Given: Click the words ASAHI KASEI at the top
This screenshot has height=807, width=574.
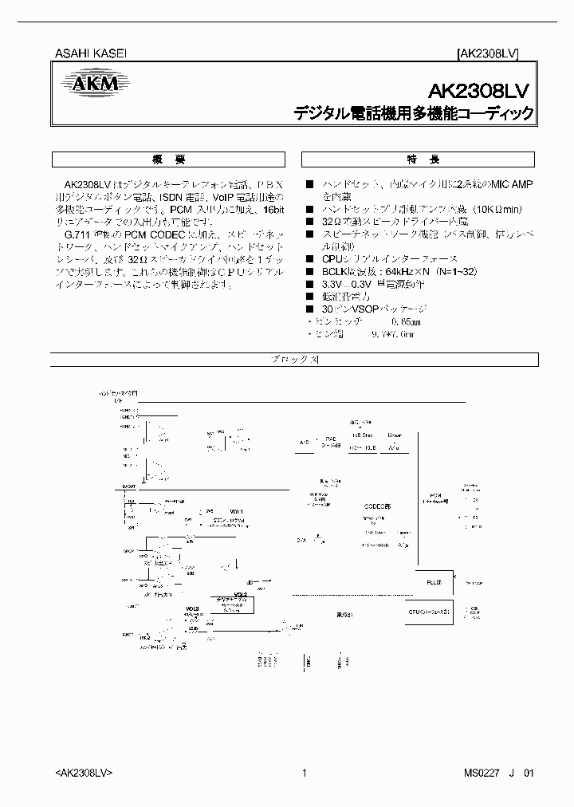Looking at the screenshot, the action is (90, 53).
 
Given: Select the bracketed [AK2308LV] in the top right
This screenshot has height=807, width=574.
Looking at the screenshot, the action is (488, 54).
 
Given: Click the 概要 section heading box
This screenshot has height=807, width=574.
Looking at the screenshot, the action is (167, 158).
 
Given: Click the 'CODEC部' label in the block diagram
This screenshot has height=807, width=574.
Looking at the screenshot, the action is (378, 506).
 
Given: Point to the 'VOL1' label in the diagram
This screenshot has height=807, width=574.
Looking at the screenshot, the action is (236, 511).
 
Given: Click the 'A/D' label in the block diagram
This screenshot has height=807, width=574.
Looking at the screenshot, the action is (303, 440).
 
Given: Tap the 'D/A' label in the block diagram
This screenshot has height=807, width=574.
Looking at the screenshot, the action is (301, 541).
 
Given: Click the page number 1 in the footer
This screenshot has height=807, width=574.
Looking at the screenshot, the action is (304, 773).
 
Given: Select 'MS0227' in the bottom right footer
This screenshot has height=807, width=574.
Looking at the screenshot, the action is (480, 773).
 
